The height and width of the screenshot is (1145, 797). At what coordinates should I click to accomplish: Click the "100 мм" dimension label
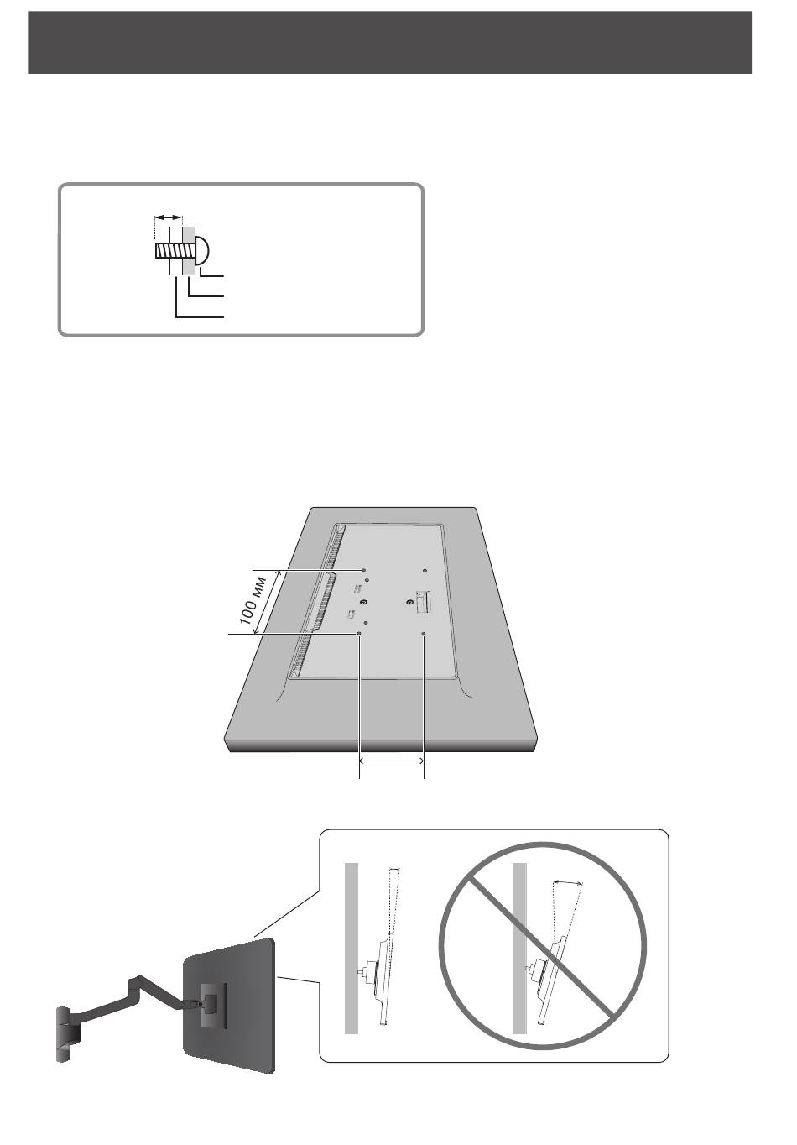(253, 600)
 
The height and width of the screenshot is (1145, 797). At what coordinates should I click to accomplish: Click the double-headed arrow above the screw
(168, 217)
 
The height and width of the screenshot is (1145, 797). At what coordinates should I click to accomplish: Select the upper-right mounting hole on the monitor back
(424, 570)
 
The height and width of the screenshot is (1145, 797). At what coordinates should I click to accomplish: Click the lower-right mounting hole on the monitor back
(425, 634)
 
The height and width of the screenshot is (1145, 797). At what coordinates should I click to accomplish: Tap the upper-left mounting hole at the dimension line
(363, 569)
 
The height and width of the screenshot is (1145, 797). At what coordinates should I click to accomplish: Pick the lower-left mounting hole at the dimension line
(360, 634)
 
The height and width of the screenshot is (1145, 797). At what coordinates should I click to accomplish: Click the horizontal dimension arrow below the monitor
(392, 761)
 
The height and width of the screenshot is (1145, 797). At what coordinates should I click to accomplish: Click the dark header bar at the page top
(389, 43)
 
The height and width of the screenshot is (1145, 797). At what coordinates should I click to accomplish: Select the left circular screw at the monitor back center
(362, 602)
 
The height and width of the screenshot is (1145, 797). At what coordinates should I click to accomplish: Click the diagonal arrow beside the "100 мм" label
(268, 602)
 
